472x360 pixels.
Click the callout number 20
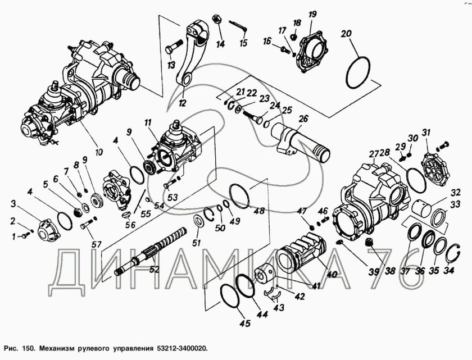click(x=346, y=33)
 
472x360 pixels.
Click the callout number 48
click(x=258, y=212)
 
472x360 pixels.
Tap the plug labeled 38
click(x=369, y=242)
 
